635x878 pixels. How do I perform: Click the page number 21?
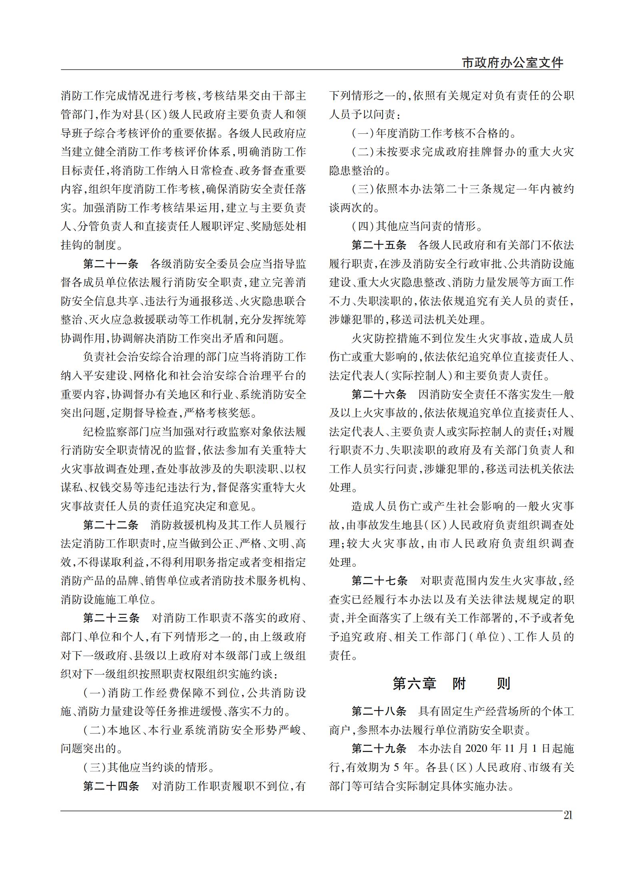[x=568, y=815]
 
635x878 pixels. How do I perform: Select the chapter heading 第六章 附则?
[x=451, y=683]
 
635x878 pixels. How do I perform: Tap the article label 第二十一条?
[x=110, y=264]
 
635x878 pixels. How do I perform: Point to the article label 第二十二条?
[x=110, y=525]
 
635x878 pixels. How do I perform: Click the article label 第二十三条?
[x=110, y=618]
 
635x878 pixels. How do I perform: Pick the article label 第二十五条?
[x=379, y=245]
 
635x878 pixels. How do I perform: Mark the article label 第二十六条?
[x=379, y=395]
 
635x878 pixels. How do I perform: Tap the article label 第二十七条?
[x=379, y=581]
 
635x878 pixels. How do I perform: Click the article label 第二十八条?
[x=379, y=711]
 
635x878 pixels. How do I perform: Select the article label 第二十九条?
[x=379, y=749]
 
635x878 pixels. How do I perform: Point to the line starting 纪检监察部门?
[x=194, y=432]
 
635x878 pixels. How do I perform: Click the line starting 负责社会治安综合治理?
[x=194, y=357]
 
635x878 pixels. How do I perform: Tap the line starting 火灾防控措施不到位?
[x=463, y=338]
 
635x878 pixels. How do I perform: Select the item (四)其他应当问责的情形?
[x=417, y=227]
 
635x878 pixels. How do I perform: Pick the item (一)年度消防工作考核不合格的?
[x=433, y=133]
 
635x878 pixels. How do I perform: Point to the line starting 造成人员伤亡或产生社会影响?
[x=463, y=506]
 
